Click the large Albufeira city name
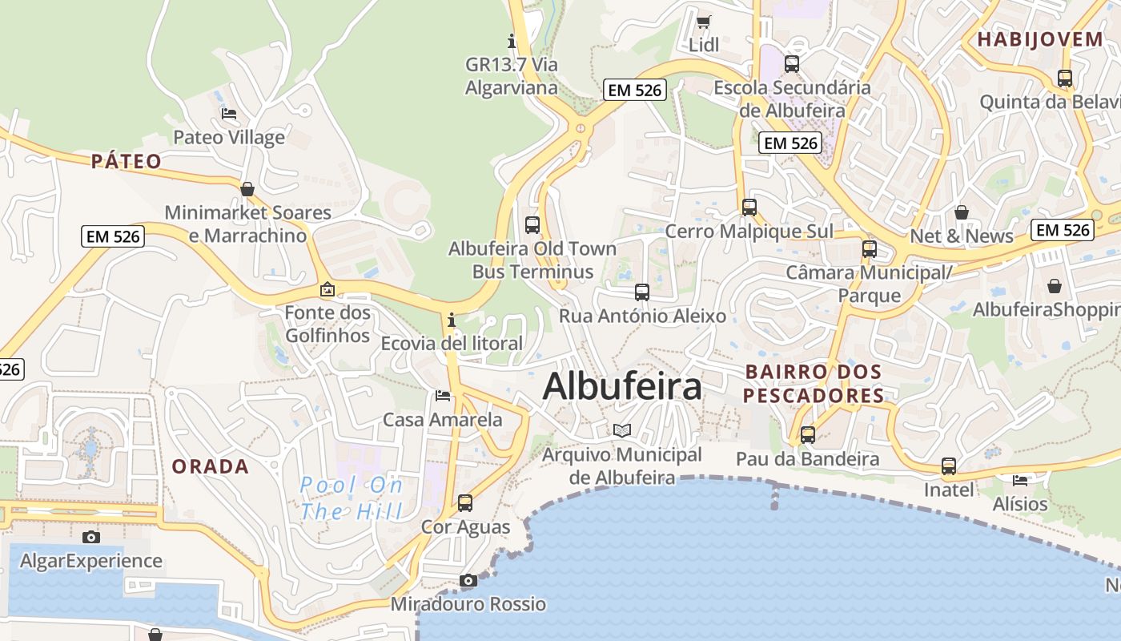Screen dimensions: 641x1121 pyautogui.click(x=622, y=387)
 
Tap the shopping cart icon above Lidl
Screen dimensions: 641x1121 pyautogui.click(x=703, y=22)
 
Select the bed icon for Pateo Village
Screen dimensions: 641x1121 pyautogui.click(x=229, y=113)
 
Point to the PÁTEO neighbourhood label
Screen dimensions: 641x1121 pyautogui.click(x=127, y=161)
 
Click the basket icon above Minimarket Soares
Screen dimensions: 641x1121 pyautogui.click(x=247, y=189)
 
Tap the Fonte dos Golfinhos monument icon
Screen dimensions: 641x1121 pyautogui.click(x=327, y=289)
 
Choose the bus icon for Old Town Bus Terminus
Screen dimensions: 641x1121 pyautogui.click(x=532, y=224)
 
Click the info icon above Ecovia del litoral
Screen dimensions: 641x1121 pyautogui.click(x=452, y=320)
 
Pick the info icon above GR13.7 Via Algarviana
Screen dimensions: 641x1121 pyautogui.click(x=512, y=40)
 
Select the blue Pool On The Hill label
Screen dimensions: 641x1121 pyautogui.click(x=352, y=498)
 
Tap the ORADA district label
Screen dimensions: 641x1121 pyautogui.click(x=211, y=466)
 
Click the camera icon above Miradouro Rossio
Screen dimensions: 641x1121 pyautogui.click(x=468, y=580)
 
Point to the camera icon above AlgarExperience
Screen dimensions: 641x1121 pyautogui.click(x=91, y=537)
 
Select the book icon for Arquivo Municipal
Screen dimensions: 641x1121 pyautogui.click(x=622, y=430)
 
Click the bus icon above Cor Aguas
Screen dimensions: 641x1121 pyautogui.click(x=465, y=503)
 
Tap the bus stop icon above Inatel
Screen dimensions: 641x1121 pyautogui.click(x=949, y=466)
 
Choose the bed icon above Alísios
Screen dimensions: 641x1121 pyautogui.click(x=1019, y=480)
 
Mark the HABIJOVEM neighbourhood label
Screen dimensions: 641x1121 pyautogui.click(x=1040, y=39)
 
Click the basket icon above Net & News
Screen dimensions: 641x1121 pyautogui.click(x=962, y=212)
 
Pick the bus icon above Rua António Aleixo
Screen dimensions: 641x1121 pyautogui.click(x=642, y=292)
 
